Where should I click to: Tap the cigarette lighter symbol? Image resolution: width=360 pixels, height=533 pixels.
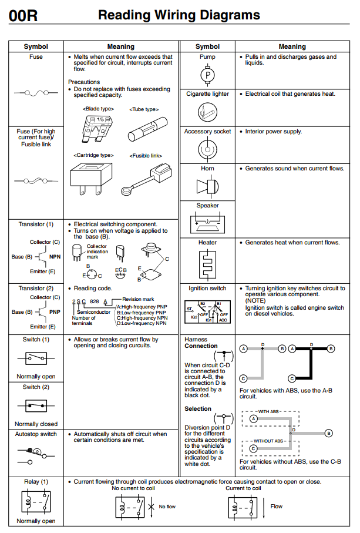pyautogui.click(x=207, y=110)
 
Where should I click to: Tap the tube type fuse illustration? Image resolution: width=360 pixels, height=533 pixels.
pyautogui.click(x=144, y=126)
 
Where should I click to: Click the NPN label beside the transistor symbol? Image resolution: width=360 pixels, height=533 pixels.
pyautogui.click(x=55, y=256)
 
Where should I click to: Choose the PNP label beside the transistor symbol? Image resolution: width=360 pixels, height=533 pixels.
pyautogui.click(x=55, y=311)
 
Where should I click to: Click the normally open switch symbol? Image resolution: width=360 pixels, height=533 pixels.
pyautogui.click(x=36, y=358)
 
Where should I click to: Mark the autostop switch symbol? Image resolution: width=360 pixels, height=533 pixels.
pyautogui.click(x=36, y=452)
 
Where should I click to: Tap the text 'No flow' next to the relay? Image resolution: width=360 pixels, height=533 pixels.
pyautogui.click(x=167, y=506)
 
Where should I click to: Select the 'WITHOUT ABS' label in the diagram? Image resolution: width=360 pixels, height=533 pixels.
pyautogui.click(x=269, y=440)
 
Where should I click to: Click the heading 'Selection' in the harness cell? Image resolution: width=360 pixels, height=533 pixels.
pyautogui.click(x=198, y=408)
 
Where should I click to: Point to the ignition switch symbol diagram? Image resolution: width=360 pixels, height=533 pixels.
pyautogui.click(x=207, y=311)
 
